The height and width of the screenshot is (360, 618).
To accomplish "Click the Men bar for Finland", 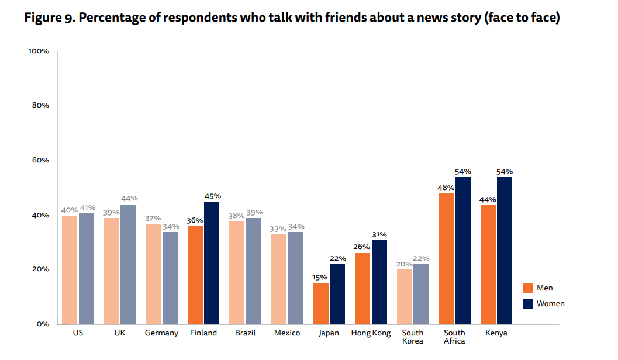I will point(195,275).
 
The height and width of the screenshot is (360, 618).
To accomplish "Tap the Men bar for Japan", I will point(321,303).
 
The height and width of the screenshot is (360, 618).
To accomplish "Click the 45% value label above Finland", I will point(212,196).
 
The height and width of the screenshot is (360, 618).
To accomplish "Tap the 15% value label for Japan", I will point(320,278).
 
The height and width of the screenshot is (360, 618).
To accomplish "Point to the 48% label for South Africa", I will point(446,188).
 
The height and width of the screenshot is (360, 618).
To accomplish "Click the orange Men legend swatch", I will point(528,288).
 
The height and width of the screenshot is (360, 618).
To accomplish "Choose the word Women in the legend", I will point(551,303).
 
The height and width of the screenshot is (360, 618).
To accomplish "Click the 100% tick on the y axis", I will point(39,51).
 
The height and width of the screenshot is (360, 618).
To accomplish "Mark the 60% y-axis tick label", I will point(40,160).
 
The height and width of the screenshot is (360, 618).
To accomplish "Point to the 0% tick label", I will point(42,324).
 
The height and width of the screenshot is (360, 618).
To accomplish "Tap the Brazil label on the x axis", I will point(245,333).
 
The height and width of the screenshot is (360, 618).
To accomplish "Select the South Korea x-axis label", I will point(413,337).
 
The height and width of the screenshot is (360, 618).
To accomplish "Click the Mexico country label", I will point(287,333).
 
